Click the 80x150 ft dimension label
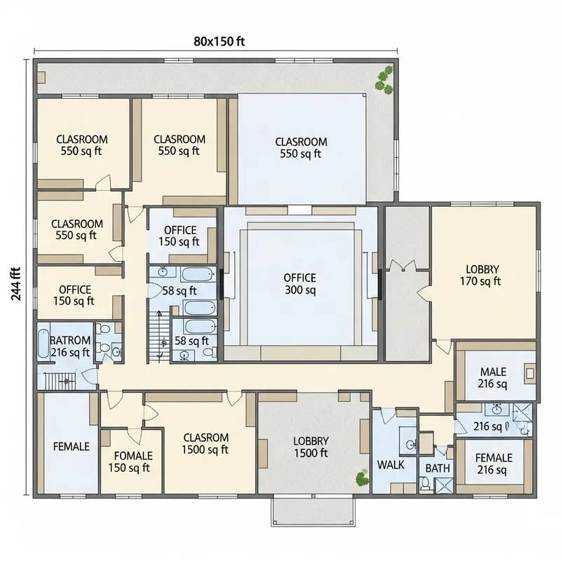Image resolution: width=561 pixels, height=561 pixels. click(x=219, y=41)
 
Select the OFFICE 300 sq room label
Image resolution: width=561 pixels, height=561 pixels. click(x=300, y=284)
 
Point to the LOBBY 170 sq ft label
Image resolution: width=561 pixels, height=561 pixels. click(x=482, y=276)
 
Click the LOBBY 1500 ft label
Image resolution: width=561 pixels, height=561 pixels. click(x=311, y=447)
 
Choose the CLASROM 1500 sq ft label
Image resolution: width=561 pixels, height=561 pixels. click(x=205, y=443)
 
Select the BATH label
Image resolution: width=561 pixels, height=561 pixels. click(x=438, y=468)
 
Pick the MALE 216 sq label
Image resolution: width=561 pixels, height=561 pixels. click(x=493, y=378)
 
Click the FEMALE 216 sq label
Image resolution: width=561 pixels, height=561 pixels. click(x=494, y=464)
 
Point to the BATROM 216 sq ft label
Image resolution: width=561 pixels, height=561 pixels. click(x=70, y=347)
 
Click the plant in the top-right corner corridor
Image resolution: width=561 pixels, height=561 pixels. click(x=384, y=79)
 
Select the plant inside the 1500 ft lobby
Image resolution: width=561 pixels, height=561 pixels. click(x=362, y=478)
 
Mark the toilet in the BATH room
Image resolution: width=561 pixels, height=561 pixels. click(x=425, y=482)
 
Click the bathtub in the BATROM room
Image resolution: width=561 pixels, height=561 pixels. click(x=42, y=345)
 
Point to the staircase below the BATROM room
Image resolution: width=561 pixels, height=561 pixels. click(x=60, y=381)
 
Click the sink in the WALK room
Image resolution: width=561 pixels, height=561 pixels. click(x=412, y=443)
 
